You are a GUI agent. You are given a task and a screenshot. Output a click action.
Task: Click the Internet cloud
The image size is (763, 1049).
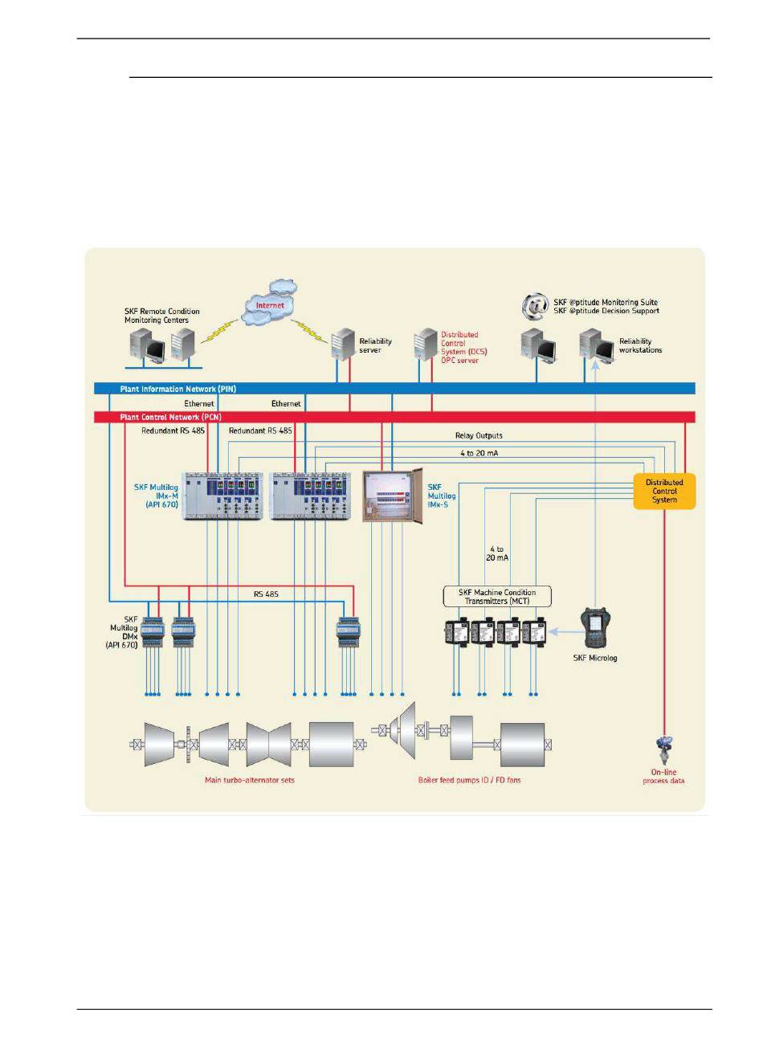[x=270, y=304]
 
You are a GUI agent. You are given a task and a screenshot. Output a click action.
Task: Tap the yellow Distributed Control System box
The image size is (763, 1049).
[x=664, y=491]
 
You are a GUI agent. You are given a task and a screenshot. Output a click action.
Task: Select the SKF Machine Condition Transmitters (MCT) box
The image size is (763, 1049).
[x=497, y=597]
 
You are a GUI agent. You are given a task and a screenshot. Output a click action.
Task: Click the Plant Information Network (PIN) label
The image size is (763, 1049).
[x=178, y=389]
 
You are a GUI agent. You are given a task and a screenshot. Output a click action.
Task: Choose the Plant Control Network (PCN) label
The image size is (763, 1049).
[x=170, y=418]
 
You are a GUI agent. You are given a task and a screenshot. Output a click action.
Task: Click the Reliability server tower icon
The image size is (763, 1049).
[x=343, y=344]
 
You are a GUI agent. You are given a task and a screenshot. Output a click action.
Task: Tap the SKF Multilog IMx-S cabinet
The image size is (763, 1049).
[x=391, y=496]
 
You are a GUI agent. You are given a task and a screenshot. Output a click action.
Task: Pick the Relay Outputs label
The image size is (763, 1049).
[x=479, y=435]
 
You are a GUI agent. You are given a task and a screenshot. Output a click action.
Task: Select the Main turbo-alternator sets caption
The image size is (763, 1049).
[x=249, y=780]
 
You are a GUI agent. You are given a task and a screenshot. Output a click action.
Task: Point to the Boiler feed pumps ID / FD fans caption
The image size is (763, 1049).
[x=469, y=780]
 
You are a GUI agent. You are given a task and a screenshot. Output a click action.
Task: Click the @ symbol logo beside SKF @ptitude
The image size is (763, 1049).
[x=534, y=306]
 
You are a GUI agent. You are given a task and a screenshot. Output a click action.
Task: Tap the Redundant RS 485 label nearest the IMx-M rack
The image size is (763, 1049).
[x=173, y=431]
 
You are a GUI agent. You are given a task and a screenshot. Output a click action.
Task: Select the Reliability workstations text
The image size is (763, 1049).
[x=640, y=345]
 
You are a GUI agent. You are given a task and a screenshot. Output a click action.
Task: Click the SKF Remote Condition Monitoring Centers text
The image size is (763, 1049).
[x=161, y=316]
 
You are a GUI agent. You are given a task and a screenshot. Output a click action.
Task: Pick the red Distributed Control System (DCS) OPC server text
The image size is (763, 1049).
[x=463, y=347]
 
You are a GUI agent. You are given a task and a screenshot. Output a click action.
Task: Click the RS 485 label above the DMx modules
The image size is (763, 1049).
[x=266, y=594]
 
